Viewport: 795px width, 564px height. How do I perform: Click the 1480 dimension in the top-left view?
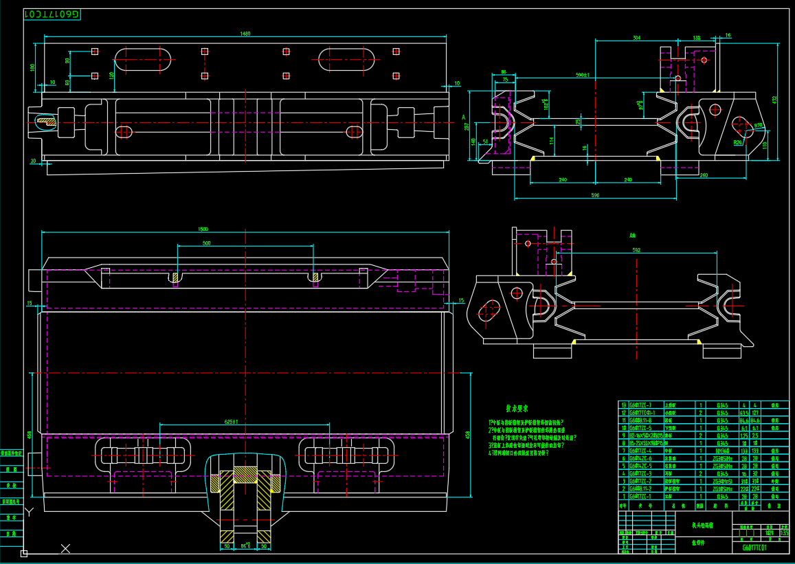(245, 33)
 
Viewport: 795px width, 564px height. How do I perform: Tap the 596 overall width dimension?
(595, 196)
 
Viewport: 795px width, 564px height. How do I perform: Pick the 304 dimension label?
(636, 37)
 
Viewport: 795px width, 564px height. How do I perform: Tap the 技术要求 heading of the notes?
(517, 408)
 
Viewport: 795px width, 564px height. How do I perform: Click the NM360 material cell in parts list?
(721, 451)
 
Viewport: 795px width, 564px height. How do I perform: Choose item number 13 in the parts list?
(623, 405)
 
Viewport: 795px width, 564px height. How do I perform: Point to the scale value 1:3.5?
(784, 532)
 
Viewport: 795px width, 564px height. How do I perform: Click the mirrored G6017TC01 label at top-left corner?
(52, 14)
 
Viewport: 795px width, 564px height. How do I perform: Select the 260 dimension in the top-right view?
(704, 175)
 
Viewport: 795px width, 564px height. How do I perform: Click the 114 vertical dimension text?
(552, 140)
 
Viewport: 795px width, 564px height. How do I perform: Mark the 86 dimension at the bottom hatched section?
(245, 546)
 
